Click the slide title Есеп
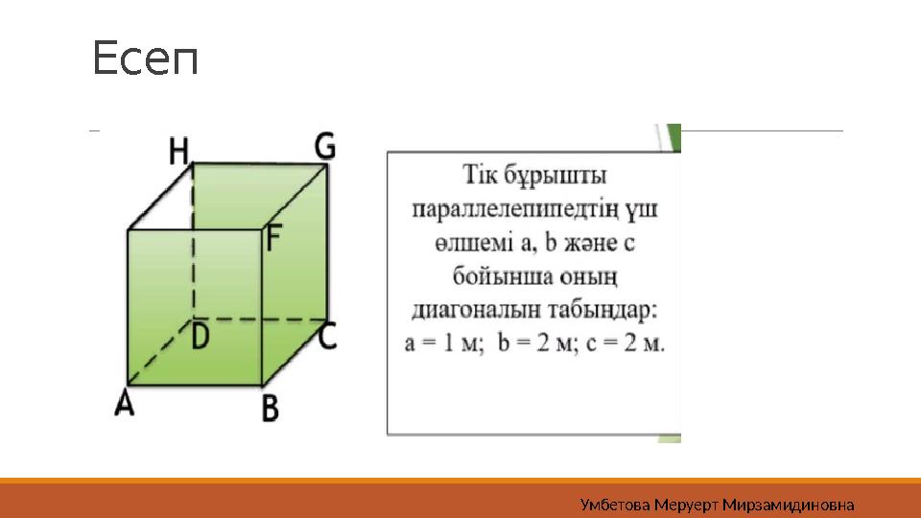[146, 59]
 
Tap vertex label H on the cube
[179, 151]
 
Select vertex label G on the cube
[325, 147]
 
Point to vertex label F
[275, 238]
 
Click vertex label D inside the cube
[201, 336]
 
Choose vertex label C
[328, 336]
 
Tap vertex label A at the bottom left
[125, 405]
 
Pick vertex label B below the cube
[271, 410]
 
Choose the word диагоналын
[463, 310]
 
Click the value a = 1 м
[444, 343]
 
